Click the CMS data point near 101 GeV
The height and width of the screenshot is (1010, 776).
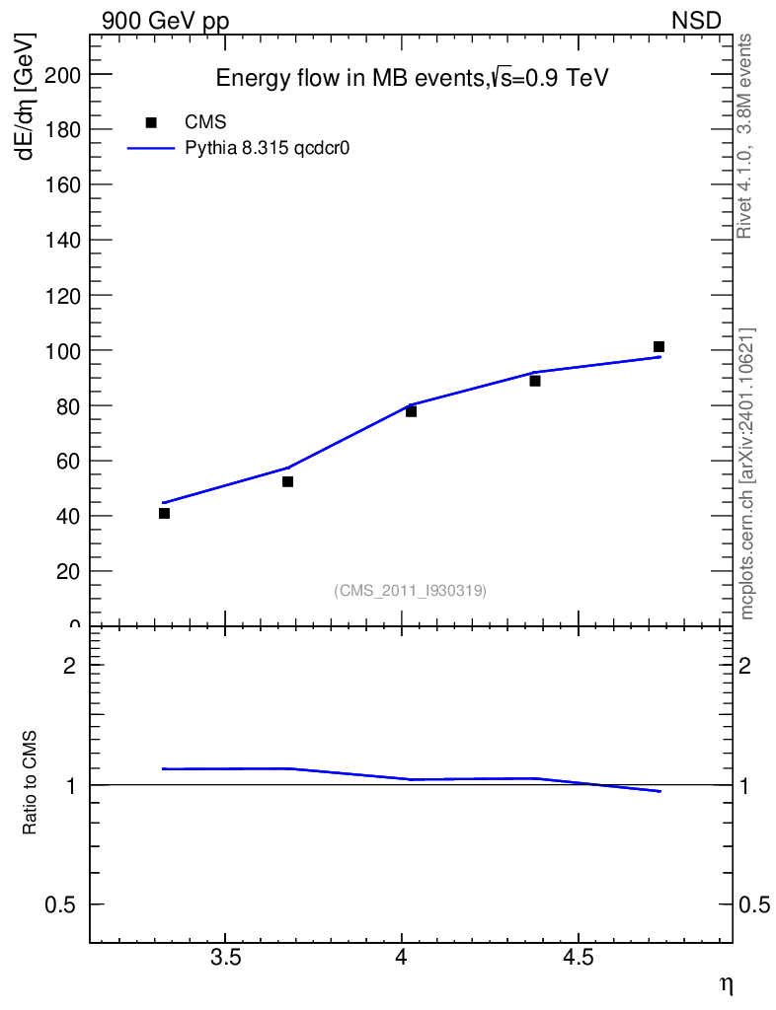tap(659, 346)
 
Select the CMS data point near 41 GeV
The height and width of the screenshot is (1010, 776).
tap(164, 513)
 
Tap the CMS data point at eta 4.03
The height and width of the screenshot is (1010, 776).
tap(411, 411)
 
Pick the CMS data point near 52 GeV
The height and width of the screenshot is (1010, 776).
tap(287, 481)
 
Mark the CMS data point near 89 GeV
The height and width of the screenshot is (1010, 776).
tap(534, 381)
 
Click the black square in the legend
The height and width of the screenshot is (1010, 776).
tap(151, 122)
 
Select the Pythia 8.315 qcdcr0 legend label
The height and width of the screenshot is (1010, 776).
tap(269, 148)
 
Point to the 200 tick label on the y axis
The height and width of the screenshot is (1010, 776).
tap(62, 75)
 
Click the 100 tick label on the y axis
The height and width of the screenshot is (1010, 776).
tap(62, 351)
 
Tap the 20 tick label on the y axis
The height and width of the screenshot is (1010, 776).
tap(67, 572)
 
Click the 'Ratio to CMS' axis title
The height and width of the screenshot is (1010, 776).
tap(31, 784)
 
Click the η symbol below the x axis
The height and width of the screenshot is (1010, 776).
tap(726, 984)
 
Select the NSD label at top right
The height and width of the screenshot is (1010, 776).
tap(697, 21)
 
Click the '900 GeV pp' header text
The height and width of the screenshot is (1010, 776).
tap(165, 21)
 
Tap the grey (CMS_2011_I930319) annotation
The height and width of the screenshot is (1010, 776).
tap(410, 590)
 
